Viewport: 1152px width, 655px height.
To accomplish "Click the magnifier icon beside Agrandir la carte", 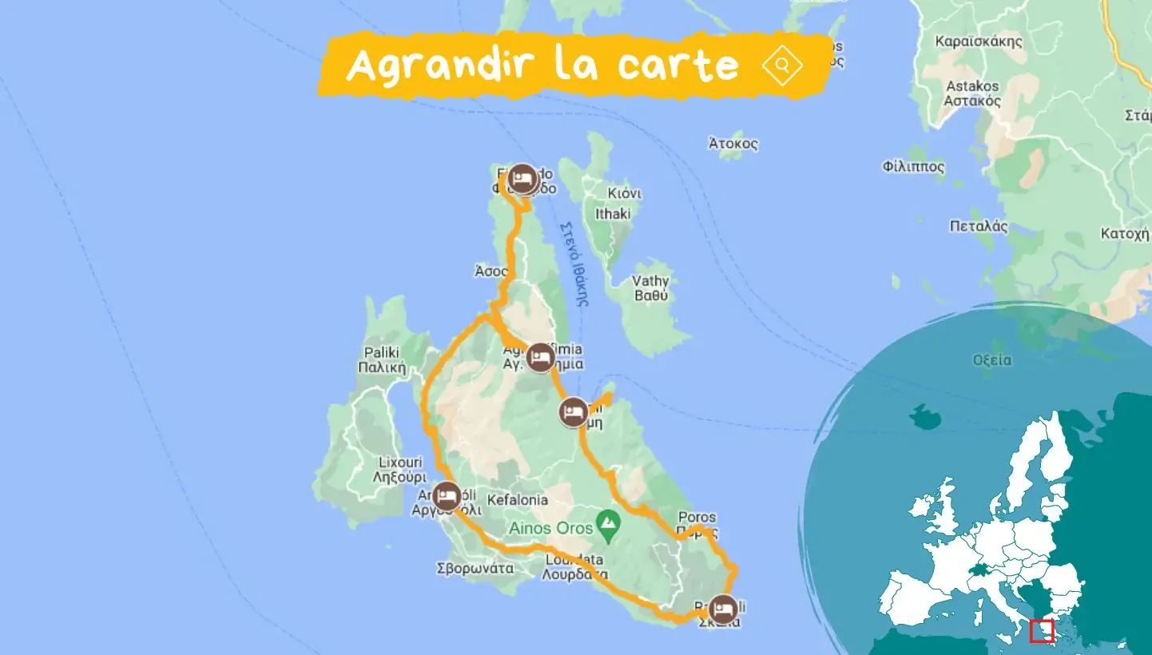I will click(x=782, y=65).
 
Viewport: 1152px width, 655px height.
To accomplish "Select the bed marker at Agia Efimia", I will click(x=541, y=357).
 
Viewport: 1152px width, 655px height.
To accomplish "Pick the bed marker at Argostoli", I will click(x=447, y=497).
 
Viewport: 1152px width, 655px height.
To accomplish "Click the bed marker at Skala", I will click(x=723, y=609).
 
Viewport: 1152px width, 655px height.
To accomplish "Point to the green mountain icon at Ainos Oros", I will click(x=610, y=523).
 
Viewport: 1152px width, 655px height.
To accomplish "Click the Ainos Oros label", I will click(x=550, y=528).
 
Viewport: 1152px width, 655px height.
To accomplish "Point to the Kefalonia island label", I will click(x=518, y=500).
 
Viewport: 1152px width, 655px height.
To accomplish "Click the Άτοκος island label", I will click(x=733, y=145).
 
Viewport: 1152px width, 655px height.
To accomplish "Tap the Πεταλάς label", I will click(x=979, y=226).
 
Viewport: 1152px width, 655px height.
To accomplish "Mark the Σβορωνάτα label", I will click(x=474, y=569).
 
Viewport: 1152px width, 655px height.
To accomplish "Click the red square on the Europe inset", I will click(x=1042, y=631).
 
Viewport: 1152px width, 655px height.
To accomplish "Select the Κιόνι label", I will click(x=625, y=194).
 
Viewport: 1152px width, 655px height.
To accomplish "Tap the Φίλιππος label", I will click(x=914, y=167).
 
